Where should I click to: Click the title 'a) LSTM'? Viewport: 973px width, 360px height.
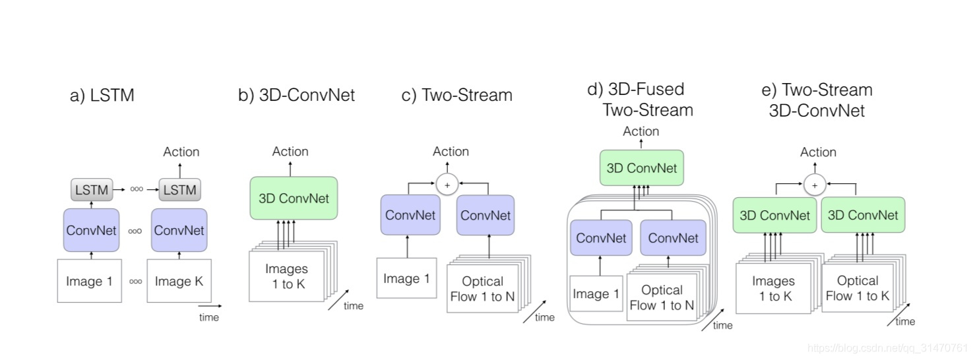pos(102,96)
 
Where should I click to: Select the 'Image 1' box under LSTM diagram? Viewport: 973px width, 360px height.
pos(90,281)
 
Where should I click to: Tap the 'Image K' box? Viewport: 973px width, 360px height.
pos(179,281)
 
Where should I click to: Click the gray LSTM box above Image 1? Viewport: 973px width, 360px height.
pos(91,190)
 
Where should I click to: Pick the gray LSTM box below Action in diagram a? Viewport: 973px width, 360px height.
pos(179,190)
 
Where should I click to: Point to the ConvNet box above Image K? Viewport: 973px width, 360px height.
pos(179,230)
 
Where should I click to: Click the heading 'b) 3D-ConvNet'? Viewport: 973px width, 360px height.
pos(296,96)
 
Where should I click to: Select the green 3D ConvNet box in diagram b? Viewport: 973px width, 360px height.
pos(294,198)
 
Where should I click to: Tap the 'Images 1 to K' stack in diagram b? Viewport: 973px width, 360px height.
pos(287,276)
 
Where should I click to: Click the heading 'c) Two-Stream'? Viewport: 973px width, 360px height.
pos(456,96)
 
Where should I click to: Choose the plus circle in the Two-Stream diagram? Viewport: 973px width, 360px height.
pos(447,185)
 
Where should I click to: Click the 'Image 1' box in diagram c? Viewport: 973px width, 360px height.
pos(406,278)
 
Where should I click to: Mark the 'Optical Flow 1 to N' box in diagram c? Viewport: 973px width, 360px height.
pos(482,289)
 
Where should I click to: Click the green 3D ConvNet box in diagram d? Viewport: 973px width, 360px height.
pos(642,167)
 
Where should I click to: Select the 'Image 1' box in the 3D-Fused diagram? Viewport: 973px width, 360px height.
pos(596,293)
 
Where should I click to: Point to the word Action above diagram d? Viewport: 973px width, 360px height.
pos(641,131)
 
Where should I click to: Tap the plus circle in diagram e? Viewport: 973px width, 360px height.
pos(814,185)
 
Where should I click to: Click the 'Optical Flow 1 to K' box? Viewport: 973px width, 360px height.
pos(857,288)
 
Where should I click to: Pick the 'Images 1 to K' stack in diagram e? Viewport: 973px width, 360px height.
pos(773,288)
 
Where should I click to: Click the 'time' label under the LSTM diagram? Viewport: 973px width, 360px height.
pos(209,318)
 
